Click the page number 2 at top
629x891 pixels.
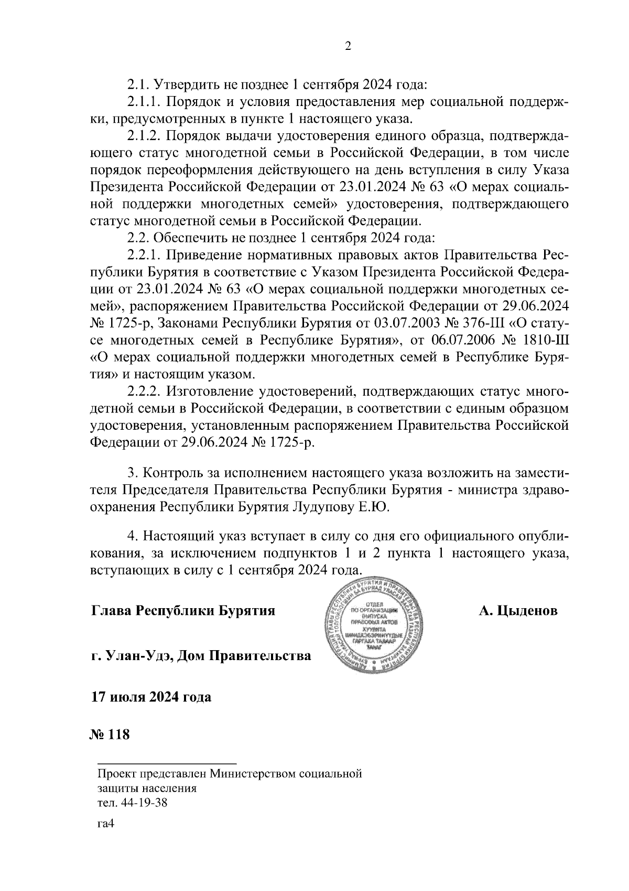click(348, 47)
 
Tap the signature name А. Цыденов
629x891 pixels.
click(517, 611)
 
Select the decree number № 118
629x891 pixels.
click(110, 734)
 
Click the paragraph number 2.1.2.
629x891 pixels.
click(144, 137)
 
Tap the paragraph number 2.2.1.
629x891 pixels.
click(144, 256)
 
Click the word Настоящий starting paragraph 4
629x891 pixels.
click(181, 537)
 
